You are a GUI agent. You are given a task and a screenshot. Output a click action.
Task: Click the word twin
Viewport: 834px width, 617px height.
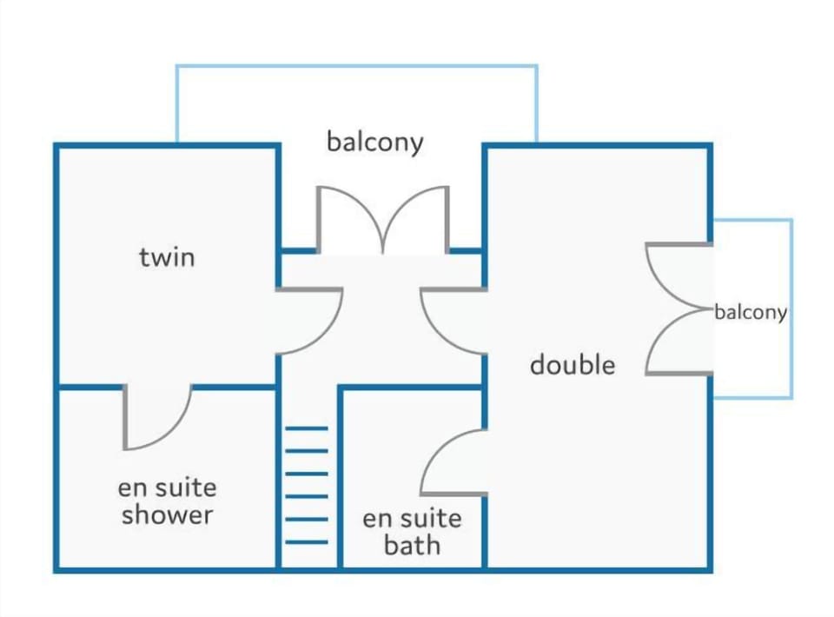click(x=167, y=257)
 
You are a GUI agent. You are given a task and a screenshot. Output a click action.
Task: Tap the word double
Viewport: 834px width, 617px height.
click(x=573, y=365)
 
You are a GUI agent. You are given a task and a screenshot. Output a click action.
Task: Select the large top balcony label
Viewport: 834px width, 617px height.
click(x=375, y=143)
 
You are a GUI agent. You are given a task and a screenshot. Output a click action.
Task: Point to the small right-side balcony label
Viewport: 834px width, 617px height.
click(x=751, y=312)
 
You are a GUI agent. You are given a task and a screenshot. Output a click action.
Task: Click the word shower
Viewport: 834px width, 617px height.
click(x=167, y=514)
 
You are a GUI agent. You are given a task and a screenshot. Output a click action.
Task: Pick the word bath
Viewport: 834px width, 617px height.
click(x=412, y=546)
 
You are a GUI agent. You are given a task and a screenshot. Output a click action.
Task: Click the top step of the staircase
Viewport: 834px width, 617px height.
click(x=307, y=428)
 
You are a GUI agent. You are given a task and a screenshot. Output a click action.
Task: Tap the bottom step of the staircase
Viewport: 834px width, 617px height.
click(x=307, y=542)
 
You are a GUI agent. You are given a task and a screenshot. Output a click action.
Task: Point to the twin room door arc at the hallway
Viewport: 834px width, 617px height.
click(x=330, y=329)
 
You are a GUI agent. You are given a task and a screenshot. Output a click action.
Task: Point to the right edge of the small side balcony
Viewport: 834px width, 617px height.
click(x=791, y=308)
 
